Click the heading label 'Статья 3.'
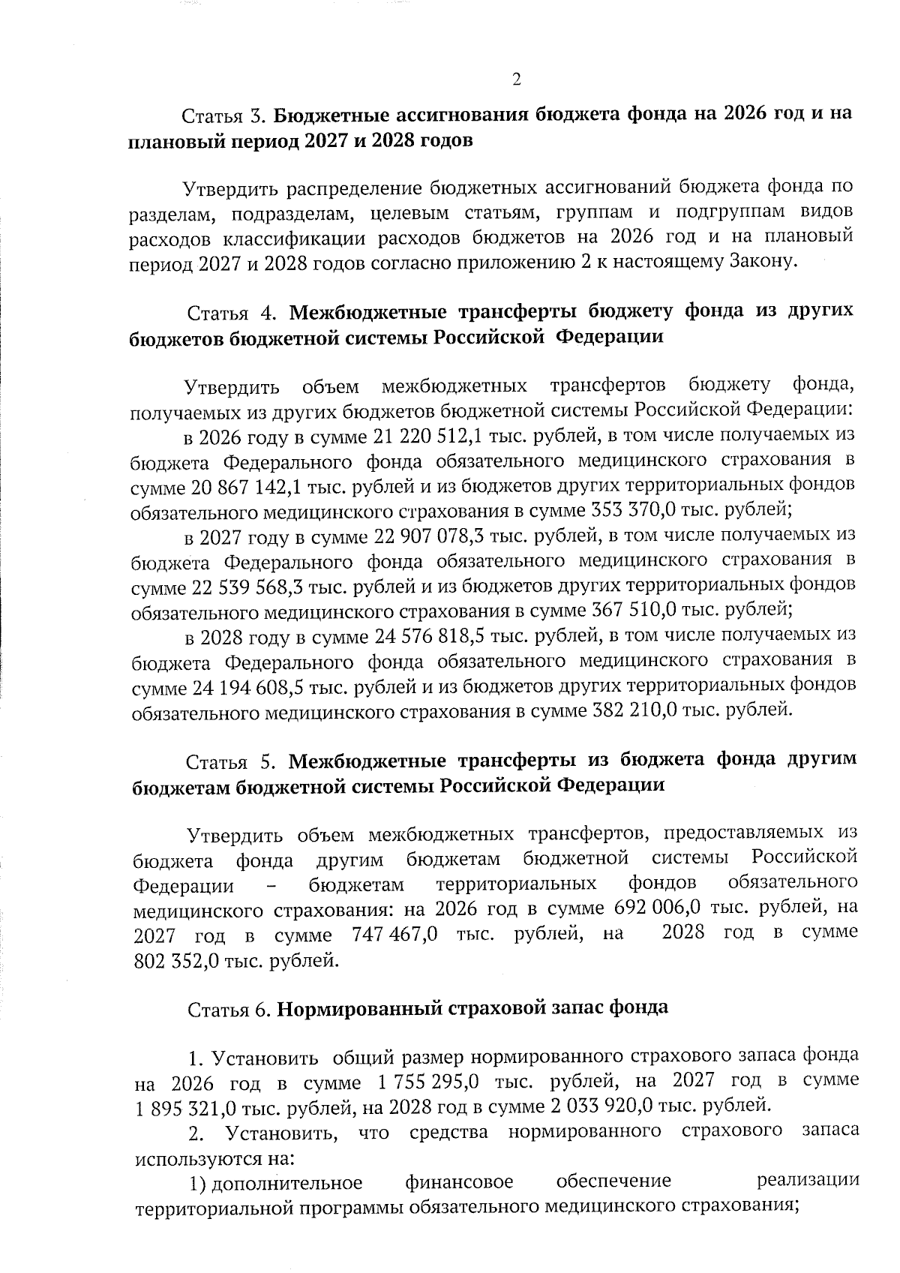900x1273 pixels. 224,116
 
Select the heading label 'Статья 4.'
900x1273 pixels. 233,312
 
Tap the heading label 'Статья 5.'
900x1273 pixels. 232,761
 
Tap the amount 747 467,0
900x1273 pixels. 394,935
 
